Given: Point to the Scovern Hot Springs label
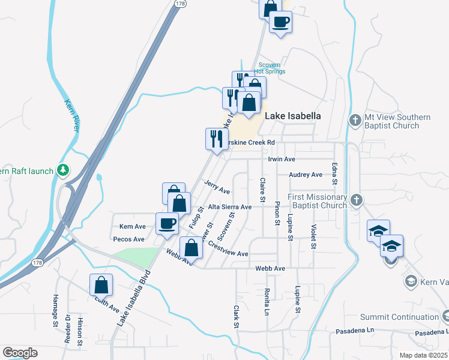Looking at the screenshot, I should (x=271, y=68).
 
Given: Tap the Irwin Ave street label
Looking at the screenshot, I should (x=282, y=159).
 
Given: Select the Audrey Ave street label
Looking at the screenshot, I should (x=306, y=175).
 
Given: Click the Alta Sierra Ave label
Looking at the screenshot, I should (x=229, y=206).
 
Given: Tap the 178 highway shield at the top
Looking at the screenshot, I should (x=179, y=4).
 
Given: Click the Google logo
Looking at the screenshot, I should (x=20, y=353).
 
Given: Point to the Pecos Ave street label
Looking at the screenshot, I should (x=129, y=239).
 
